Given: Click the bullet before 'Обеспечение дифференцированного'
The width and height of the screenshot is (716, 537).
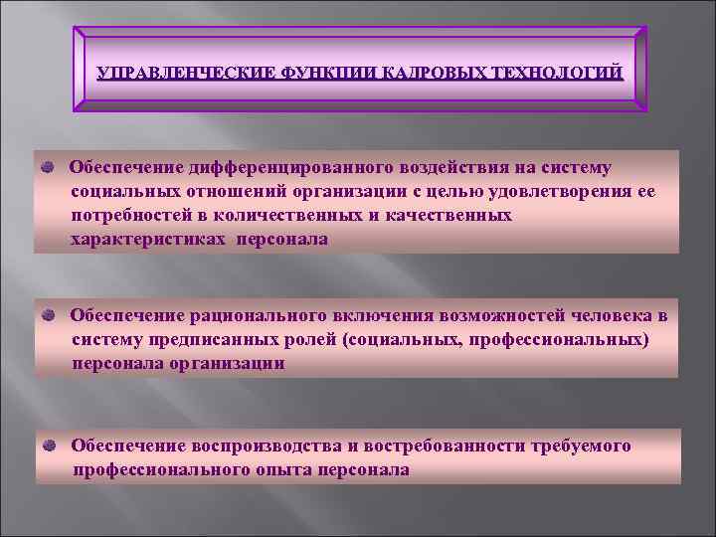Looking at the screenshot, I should (x=49, y=167).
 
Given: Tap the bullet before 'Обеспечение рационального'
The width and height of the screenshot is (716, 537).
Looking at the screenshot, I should (x=49, y=315).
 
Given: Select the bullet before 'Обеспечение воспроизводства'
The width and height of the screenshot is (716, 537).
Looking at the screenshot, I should (x=49, y=446).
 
